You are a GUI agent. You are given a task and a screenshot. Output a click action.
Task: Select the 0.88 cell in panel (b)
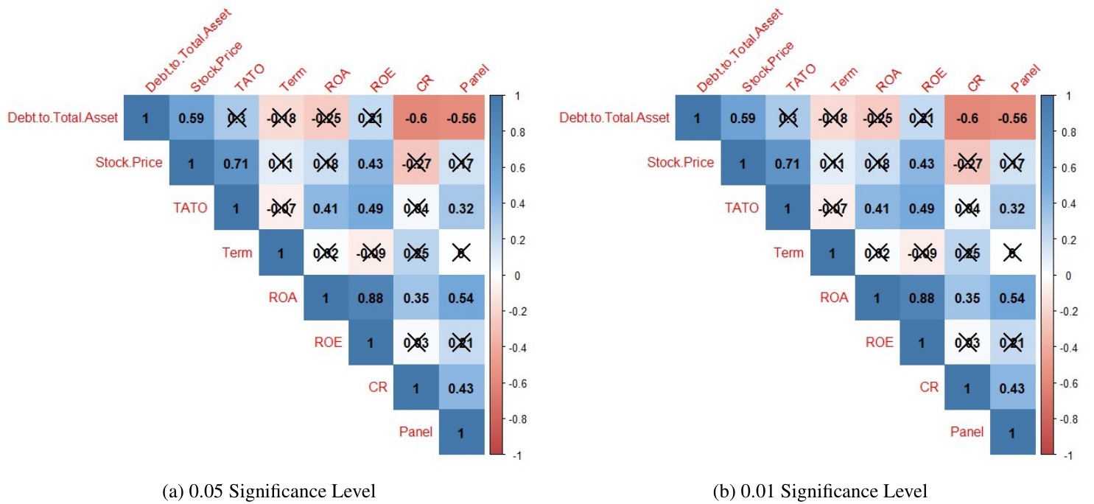click(922, 298)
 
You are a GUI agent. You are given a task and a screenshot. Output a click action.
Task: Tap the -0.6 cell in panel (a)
click(416, 118)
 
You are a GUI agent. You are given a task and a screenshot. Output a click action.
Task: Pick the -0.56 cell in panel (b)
click(1012, 118)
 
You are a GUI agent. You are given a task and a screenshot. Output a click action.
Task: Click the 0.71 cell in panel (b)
click(787, 163)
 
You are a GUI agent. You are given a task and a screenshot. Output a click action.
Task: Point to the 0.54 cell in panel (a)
click(461, 298)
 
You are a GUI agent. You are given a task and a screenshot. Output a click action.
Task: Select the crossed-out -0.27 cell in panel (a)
click(416, 163)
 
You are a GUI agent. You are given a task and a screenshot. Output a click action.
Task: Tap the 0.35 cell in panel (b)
click(967, 298)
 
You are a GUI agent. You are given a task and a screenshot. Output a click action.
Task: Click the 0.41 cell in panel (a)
click(326, 208)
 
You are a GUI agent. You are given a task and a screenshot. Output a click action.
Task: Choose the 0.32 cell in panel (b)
click(1012, 208)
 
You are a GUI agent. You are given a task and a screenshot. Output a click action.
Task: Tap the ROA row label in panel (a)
click(283, 298)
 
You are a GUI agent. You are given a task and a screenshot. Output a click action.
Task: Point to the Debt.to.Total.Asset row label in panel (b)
click(614, 118)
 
